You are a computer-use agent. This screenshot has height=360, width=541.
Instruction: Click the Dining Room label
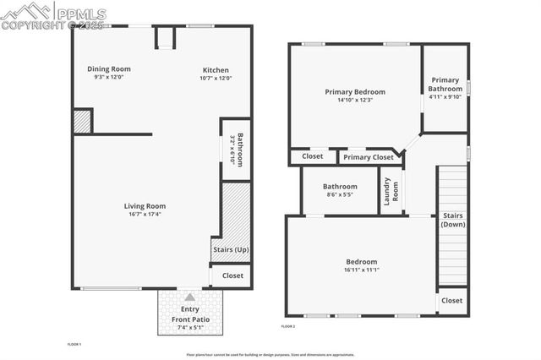pos(109,69)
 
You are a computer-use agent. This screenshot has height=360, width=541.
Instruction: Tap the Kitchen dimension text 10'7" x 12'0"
pos(216,79)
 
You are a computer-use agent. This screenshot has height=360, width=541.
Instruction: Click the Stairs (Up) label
pos(229,250)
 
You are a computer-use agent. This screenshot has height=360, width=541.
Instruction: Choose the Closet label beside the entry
pos(232,275)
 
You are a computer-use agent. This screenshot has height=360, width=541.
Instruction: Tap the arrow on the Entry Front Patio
pos(189,297)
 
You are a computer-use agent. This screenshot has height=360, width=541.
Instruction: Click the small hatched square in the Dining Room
pos(82,120)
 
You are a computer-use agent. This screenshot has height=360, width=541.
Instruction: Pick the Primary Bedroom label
pos(355,91)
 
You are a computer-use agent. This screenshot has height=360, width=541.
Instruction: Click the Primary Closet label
pos(369,157)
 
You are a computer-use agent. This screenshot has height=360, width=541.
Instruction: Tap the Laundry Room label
pos(391,191)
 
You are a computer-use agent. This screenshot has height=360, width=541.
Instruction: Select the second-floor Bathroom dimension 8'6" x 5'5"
pos(340,195)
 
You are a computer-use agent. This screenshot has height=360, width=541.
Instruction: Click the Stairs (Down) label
pos(453,220)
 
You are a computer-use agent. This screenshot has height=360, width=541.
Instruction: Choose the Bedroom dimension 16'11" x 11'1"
pos(361,270)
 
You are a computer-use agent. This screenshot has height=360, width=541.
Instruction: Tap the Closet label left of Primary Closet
pos(312,156)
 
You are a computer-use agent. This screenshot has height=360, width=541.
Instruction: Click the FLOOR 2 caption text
pos(288,326)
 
